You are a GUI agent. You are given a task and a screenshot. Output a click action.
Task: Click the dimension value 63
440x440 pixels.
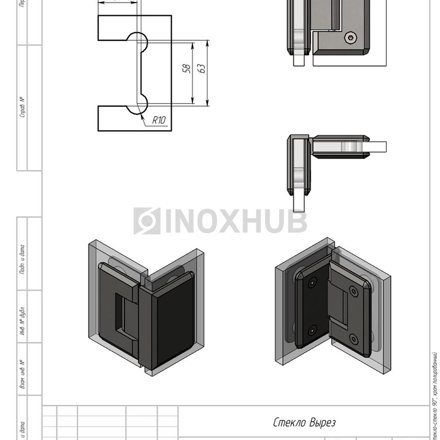202,69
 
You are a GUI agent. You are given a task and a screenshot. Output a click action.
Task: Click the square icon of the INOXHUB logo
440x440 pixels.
146,221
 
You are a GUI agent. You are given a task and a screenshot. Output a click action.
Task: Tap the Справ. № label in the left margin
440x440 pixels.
23,107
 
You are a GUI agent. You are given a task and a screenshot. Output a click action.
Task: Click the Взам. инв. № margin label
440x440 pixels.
23,375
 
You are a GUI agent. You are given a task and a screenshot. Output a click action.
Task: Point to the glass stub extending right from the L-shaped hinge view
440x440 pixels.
377,147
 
